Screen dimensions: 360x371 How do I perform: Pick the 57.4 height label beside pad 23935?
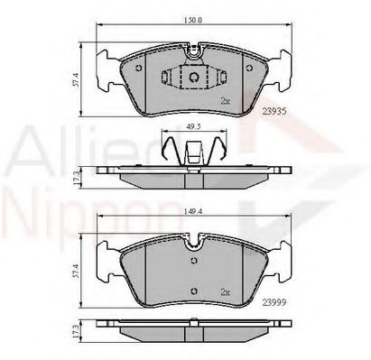point(78,81)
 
